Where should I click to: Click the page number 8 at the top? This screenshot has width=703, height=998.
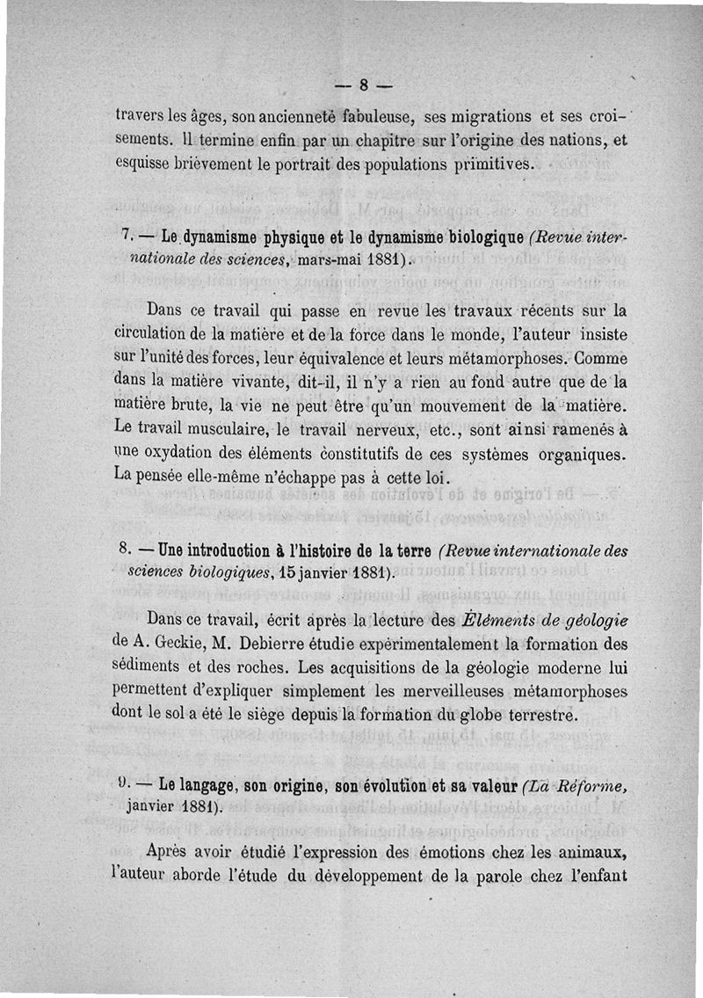(362, 85)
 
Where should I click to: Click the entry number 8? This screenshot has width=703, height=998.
(123, 551)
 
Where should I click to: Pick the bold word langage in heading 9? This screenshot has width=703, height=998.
(192, 786)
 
